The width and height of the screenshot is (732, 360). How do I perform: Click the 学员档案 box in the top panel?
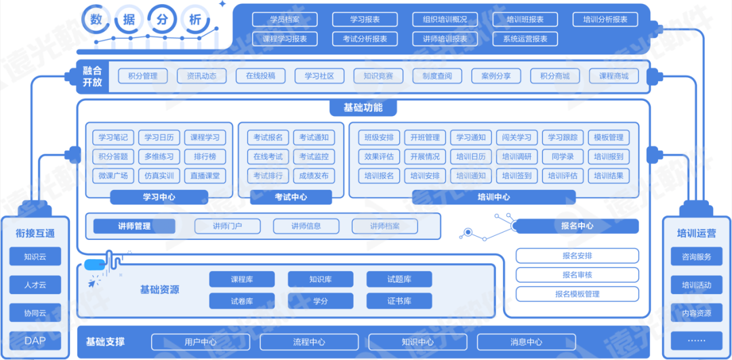pos(285,20)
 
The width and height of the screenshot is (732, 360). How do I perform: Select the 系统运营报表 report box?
pos(525,39)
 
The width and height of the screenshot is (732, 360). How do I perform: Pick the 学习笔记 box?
pos(113,138)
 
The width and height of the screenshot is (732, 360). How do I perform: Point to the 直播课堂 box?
pos(205,176)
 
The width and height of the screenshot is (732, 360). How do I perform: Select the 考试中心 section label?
pos(291,197)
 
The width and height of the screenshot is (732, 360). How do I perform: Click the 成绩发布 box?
pos(314,176)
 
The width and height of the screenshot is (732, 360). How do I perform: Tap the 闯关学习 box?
pos(517,138)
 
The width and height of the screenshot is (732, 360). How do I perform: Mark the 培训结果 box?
pos(609,176)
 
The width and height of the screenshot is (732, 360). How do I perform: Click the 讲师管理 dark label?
pos(134,226)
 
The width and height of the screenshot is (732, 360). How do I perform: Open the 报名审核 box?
pos(577,275)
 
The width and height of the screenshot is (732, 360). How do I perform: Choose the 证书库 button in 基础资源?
pos(399,300)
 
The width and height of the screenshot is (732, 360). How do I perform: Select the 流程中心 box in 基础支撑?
pos(308,342)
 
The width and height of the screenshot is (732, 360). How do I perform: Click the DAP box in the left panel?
pos(35,340)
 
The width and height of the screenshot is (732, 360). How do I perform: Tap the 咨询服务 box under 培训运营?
pos(696,257)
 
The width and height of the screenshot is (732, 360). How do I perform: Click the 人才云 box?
pos(35,285)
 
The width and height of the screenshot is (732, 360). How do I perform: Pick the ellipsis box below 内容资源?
pos(696,340)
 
